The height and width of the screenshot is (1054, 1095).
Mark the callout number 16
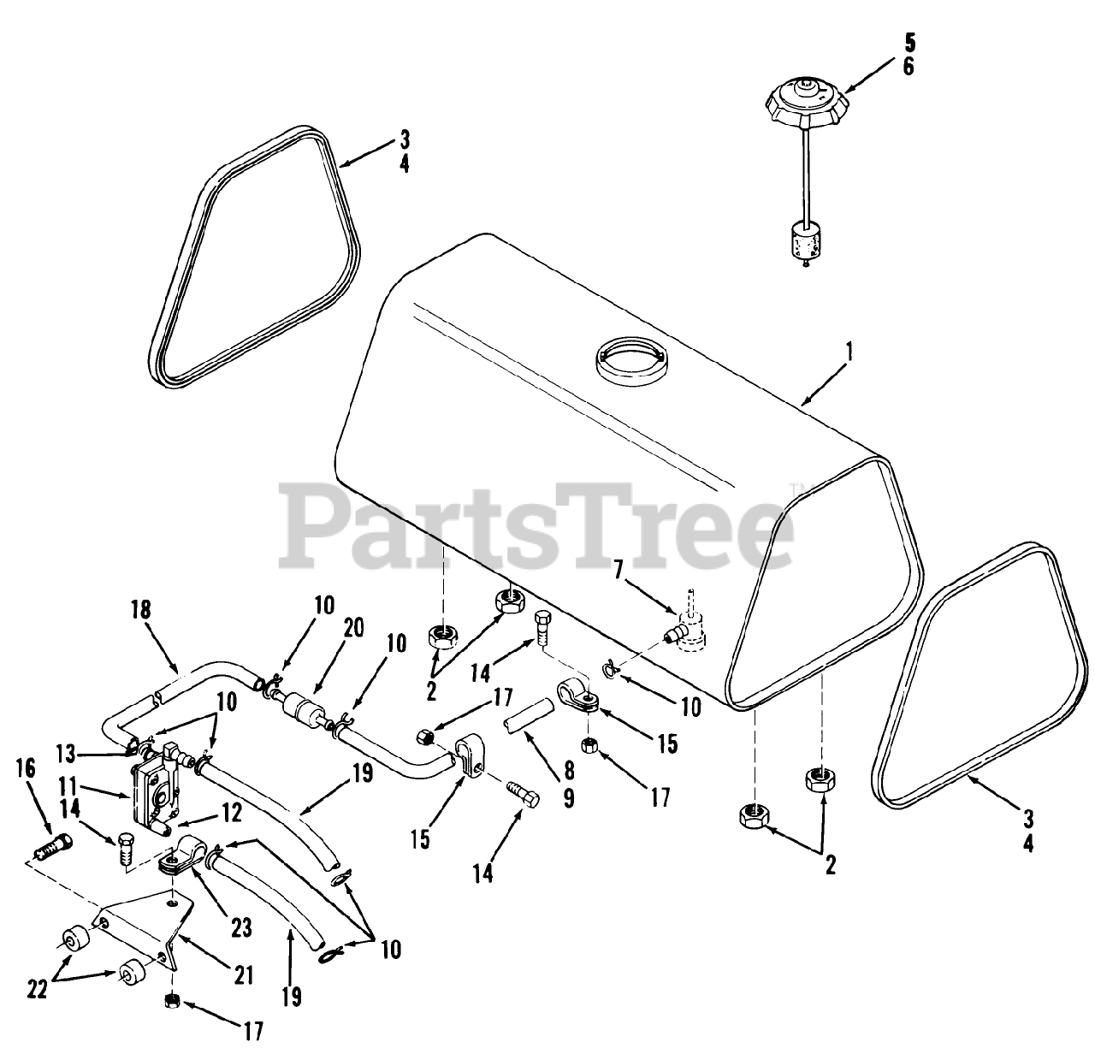(x=27, y=767)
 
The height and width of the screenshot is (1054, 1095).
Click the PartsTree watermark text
(x=539, y=524)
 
